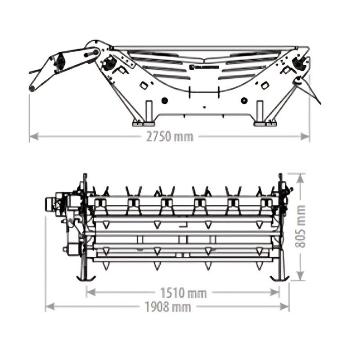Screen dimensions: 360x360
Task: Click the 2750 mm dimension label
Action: pyautogui.click(x=170, y=137)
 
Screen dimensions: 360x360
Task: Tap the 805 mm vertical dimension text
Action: pyautogui.click(x=300, y=227)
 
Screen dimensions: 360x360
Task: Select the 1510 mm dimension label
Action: pyautogui.click(x=183, y=293)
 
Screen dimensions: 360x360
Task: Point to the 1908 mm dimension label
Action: pyautogui.click(x=168, y=307)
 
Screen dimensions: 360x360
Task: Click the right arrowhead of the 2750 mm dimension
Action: pyautogui.click(x=305, y=137)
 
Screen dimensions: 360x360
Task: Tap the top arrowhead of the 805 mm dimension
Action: pyautogui.click(x=300, y=178)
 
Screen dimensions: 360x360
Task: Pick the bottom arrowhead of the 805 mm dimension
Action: pyautogui.click(x=300, y=275)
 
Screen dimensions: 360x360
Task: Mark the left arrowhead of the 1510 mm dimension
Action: pyautogui.click(x=91, y=292)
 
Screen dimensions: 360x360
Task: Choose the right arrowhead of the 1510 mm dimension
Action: pyautogui.click(x=275, y=292)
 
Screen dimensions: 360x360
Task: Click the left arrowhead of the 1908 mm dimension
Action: pyautogui.click(x=50, y=307)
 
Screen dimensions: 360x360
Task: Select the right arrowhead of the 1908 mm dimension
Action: pyautogui.click(x=284, y=307)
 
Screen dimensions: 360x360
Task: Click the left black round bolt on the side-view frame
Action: pyautogui.click(x=165, y=100)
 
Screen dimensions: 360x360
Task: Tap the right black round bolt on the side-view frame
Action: pyautogui.click(x=244, y=100)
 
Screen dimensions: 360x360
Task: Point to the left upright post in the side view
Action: pyautogui.click(x=149, y=111)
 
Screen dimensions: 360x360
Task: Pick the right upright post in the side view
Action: pyautogui.click(x=260, y=111)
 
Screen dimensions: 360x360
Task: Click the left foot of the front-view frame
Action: pyautogui.click(x=85, y=278)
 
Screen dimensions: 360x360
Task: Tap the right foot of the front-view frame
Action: pyautogui.click(x=279, y=278)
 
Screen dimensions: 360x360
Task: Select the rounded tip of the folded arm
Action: pyautogui.click(x=32, y=88)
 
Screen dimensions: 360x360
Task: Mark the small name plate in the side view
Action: pyautogui.click(x=204, y=67)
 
